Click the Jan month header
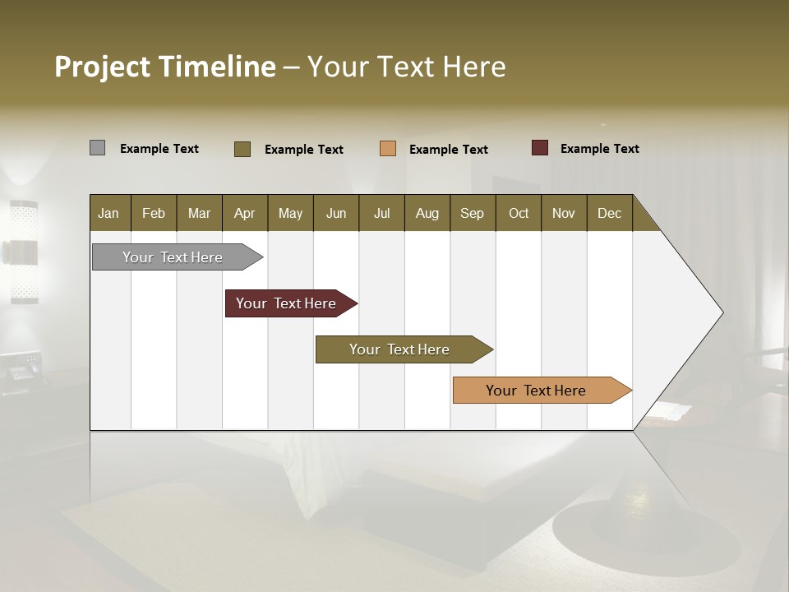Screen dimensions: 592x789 coord(108,213)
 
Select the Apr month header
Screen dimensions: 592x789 coord(244,213)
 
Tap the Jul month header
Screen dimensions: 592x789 coord(381,213)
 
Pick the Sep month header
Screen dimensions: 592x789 coord(472,213)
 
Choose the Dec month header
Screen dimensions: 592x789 coord(609,213)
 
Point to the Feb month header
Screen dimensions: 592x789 coord(154,213)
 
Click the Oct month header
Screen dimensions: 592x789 coord(519,213)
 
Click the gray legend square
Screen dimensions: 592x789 coord(97,148)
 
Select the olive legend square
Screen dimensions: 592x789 coord(242,149)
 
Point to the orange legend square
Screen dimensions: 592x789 coord(388,149)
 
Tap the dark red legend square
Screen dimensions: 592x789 coord(540,148)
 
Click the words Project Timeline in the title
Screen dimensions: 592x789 coord(165,67)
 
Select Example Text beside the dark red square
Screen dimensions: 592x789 coord(599,149)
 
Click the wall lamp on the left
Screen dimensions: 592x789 coord(24,252)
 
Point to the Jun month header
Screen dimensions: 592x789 coord(336,213)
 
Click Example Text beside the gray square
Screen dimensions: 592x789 coord(159,149)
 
